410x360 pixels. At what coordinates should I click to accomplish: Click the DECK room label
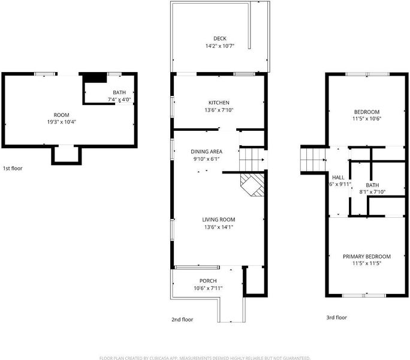click(220, 38)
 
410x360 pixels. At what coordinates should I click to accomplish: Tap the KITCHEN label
click(219, 103)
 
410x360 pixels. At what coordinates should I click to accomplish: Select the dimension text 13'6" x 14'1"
click(219, 227)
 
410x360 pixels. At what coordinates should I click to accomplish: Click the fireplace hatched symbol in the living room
click(252, 184)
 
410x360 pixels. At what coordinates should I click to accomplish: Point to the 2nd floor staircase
click(252, 160)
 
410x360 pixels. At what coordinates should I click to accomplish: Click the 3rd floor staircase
click(313, 160)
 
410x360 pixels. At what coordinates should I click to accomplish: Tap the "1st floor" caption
click(13, 169)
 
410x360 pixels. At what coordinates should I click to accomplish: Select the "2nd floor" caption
click(182, 319)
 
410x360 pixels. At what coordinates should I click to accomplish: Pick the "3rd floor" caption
click(336, 317)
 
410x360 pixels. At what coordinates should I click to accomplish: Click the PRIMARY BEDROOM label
click(367, 257)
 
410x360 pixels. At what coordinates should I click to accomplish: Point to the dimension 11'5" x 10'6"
click(367, 119)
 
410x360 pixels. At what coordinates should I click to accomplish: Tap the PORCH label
click(208, 281)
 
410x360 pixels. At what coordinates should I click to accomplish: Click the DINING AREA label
click(207, 152)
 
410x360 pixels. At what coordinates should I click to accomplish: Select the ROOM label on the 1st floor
click(62, 115)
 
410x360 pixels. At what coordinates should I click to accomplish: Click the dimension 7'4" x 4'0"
click(119, 100)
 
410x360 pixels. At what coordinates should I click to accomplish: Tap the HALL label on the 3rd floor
click(338, 178)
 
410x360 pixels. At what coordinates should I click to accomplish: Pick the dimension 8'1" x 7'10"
click(372, 192)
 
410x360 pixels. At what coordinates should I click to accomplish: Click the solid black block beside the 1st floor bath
click(94, 78)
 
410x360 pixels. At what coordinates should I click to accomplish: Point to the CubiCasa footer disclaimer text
click(205, 358)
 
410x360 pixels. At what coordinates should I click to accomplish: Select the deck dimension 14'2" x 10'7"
click(220, 46)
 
